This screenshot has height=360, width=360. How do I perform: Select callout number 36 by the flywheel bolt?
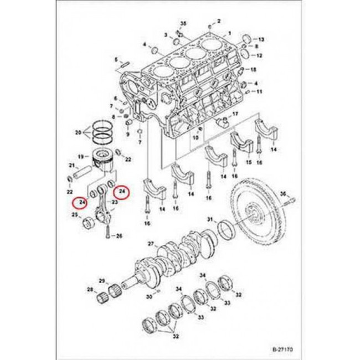[283, 193]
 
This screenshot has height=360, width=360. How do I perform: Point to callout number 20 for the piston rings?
[78, 132]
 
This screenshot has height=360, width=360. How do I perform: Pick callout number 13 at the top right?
[262, 40]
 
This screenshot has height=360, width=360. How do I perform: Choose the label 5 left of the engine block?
[116, 60]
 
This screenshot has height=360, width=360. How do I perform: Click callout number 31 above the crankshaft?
[209, 220]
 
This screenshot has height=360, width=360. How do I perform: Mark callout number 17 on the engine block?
[235, 114]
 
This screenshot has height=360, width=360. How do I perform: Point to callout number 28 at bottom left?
[90, 289]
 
